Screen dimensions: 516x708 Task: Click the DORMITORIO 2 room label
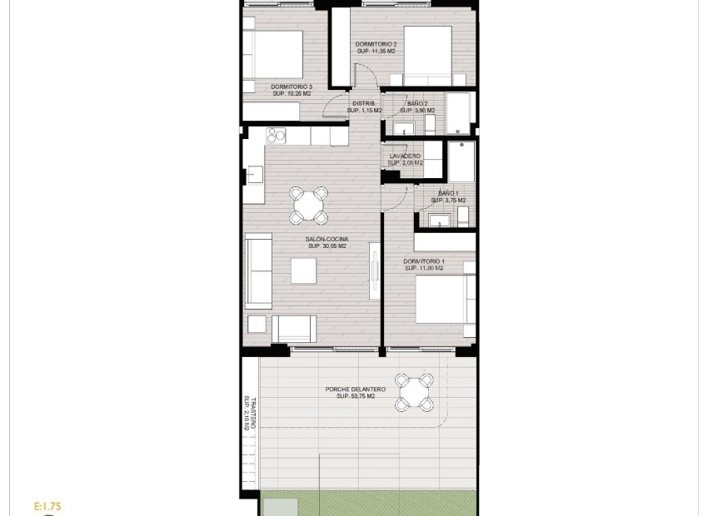pyautogui.click(x=376, y=47)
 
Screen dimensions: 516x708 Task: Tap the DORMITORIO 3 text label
pyautogui.click(x=292, y=90)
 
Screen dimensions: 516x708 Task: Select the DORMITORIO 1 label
pyautogui.click(x=424, y=265)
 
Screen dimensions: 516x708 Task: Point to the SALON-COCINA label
pyautogui.click(x=327, y=242)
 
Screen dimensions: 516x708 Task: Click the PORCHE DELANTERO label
pyautogui.click(x=356, y=393)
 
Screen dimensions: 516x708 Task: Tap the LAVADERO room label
pyautogui.click(x=406, y=159)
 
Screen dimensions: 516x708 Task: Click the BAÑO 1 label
pyautogui.click(x=448, y=196)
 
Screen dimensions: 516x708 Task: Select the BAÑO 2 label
pyautogui.click(x=417, y=107)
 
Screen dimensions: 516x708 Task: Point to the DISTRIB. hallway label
pyautogui.click(x=364, y=107)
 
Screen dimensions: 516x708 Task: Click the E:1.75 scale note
pyautogui.click(x=47, y=506)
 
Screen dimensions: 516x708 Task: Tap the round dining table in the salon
pyautogui.click(x=308, y=205)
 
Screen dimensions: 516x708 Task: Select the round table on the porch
pyautogui.click(x=414, y=392)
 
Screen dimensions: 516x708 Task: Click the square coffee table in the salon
pyautogui.click(x=303, y=270)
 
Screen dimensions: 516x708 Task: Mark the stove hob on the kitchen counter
pyautogui.click(x=277, y=135)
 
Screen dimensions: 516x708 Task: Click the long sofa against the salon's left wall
pyautogui.click(x=257, y=270)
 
